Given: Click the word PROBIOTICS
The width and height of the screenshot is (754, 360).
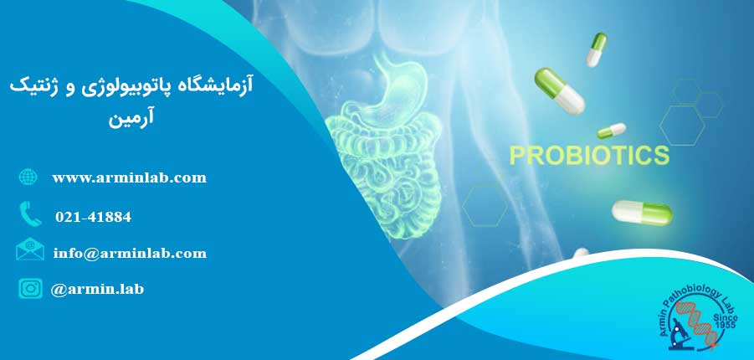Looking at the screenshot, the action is point(589,156).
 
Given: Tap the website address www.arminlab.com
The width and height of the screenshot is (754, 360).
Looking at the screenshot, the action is point(130,178).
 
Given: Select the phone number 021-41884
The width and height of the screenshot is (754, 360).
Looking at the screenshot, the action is point(93,217).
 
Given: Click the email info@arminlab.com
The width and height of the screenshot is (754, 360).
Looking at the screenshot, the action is point(130,253).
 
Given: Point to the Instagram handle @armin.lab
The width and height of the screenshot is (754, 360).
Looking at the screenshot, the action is point(97,289).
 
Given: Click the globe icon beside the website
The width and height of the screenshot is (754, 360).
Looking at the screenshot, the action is point(28,177).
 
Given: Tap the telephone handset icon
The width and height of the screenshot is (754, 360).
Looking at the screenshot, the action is point(30,213).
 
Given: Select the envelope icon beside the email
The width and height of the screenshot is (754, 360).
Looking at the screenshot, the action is point(30,249).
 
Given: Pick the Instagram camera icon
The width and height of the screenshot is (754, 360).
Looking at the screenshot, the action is point(30,289).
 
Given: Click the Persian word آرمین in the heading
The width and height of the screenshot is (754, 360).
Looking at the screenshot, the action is point(131,119).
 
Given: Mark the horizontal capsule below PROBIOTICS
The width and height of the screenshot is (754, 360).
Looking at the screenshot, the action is point(642,213).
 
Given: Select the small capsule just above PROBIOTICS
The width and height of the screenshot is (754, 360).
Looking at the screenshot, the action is point(611,130).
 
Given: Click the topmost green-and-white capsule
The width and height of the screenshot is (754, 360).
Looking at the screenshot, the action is point(597,49).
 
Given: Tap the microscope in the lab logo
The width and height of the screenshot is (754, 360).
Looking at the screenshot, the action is point(679,334).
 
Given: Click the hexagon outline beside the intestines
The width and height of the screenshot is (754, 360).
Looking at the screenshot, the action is point(485,204).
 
